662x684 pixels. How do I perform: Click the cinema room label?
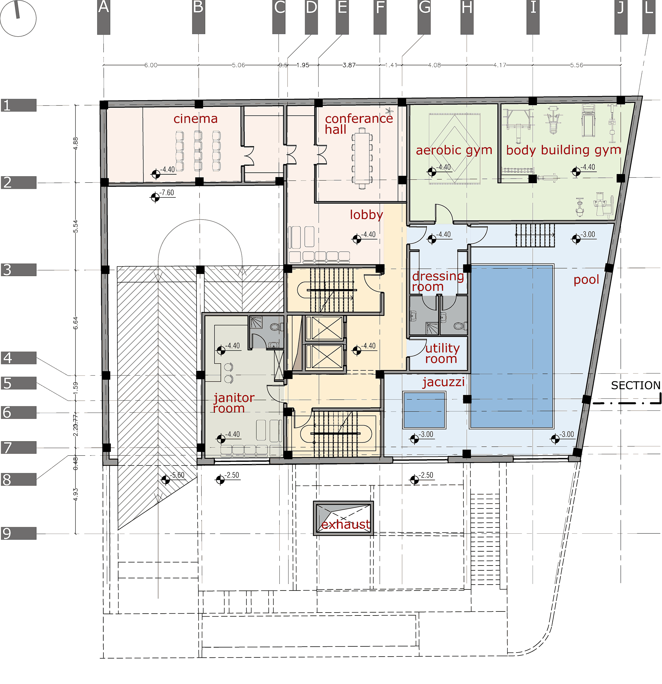click(x=195, y=119)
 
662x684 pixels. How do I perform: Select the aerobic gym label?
click(x=454, y=150)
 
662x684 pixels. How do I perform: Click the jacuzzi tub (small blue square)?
click(x=424, y=410)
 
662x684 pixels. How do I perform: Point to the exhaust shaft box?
click(x=343, y=519)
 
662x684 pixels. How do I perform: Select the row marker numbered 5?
click(x=18, y=383)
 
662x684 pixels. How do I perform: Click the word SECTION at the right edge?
click(x=635, y=385)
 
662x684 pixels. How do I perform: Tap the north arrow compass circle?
click(x=18, y=18)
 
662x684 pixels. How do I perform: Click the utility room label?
click(x=442, y=353)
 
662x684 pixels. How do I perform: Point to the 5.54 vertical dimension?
click(x=76, y=226)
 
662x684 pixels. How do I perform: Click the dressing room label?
click(x=437, y=281)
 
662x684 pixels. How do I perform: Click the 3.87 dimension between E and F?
click(x=349, y=65)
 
